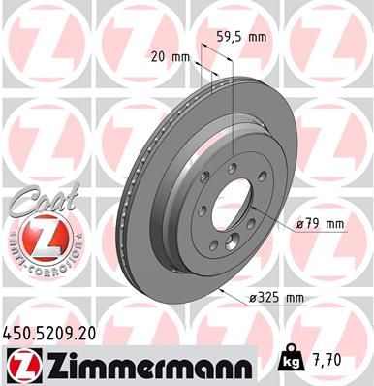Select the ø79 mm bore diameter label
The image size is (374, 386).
point(321,224)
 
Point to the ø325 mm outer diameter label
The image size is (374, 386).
point(291,296)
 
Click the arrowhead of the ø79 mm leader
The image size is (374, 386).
point(250,207)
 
